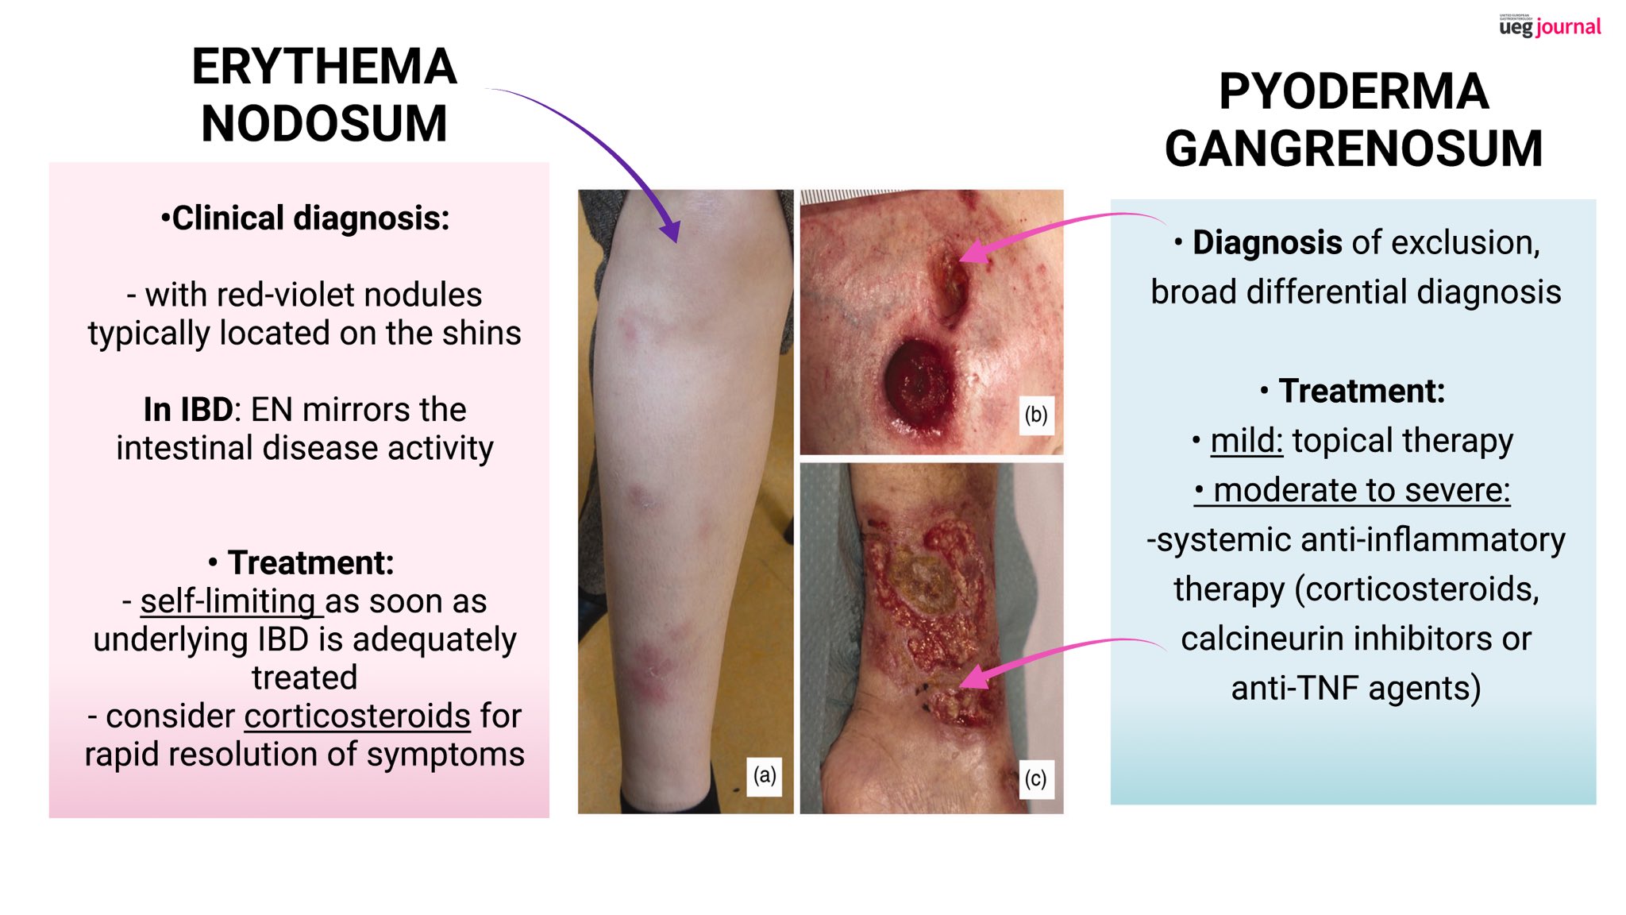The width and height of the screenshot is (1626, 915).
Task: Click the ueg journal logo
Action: pos(1550,26)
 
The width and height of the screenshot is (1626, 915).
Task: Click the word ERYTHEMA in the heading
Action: pos(324,67)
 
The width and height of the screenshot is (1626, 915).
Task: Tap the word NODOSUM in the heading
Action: pos(324,124)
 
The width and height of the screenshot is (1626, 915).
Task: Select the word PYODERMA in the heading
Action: pos(1354,92)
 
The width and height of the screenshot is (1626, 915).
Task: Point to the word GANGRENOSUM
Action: pos(1354,149)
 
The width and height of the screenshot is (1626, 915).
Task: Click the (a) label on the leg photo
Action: pos(765,775)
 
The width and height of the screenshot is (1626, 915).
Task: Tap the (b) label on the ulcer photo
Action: pos(1035,415)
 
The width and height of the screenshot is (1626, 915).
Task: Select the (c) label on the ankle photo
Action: pos(1035,778)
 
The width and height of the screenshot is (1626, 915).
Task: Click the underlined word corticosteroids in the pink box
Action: pos(357,716)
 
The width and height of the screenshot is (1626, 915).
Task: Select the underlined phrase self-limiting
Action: pos(231,601)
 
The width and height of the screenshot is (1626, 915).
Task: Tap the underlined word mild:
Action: pos(1246,441)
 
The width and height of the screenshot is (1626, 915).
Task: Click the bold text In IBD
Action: pos(188,410)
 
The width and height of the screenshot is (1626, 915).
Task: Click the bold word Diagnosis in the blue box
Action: pos(1267,243)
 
